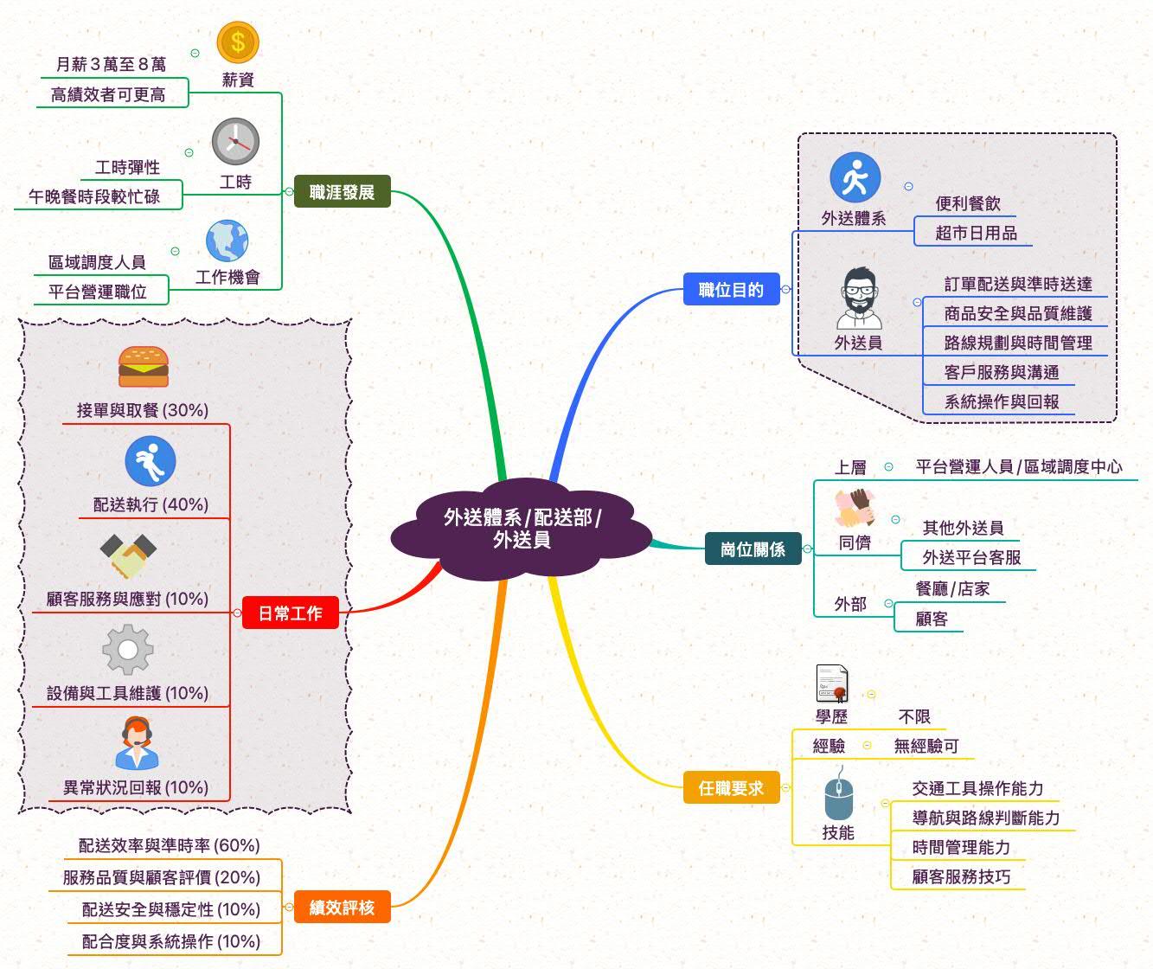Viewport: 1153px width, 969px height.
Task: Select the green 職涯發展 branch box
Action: click(x=342, y=192)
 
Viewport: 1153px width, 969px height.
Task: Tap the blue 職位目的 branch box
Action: click(x=731, y=290)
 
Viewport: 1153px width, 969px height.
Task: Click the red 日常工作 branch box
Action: click(x=290, y=613)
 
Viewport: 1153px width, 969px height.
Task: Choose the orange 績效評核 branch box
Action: click(x=342, y=908)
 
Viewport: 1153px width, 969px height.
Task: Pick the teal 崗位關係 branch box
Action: click(x=753, y=549)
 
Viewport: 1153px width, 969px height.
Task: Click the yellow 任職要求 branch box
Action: click(x=731, y=788)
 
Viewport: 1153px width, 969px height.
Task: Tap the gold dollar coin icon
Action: click(x=238, y=42)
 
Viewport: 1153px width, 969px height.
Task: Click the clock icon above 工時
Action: click(x=235, y=142)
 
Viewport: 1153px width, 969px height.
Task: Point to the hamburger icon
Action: click(x=143, y=367)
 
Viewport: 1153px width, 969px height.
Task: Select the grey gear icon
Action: click(x=128, y=650)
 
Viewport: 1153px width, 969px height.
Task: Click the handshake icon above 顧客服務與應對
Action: click(x=128, y=555)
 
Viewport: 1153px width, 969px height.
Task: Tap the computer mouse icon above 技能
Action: click(x=838, y=798)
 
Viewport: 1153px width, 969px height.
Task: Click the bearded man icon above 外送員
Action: click(x=859, y=298)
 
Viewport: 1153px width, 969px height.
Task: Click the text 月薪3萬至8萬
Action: click(x=111, y=65)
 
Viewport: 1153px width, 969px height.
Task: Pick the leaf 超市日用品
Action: click(x=976, y=233)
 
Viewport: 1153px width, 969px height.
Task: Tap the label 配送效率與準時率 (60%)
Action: click(x=170, y=845)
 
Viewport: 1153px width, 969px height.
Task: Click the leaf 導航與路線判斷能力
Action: click(x=986, y=818)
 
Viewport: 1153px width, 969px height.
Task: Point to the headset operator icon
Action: click(x=138, y=743)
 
